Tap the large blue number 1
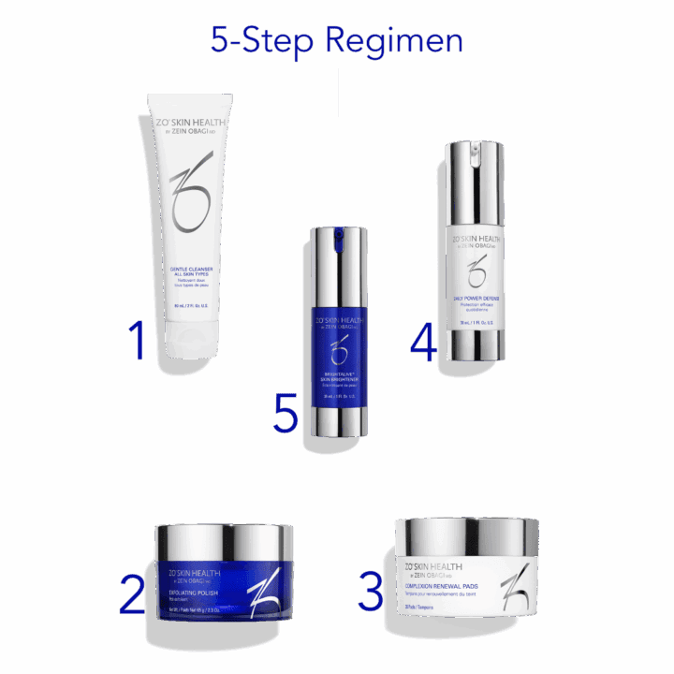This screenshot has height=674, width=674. pyautogui.click(x=138, y=343)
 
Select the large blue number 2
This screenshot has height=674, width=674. pyautogui.click(x=134, y=594)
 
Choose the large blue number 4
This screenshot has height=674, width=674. pyautogui.click(x=423, y=344)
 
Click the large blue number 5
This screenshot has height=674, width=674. pyautogui.click(x=286, y=415)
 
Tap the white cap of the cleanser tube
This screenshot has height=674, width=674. pyautogui.click(x=204, y=354)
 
